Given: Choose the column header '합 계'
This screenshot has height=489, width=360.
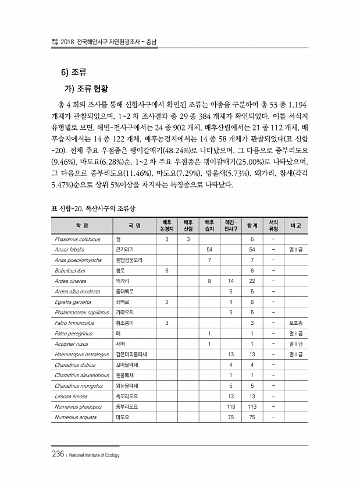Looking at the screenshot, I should [252, 225].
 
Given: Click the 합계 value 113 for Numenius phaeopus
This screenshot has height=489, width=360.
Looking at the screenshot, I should [252, 406].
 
